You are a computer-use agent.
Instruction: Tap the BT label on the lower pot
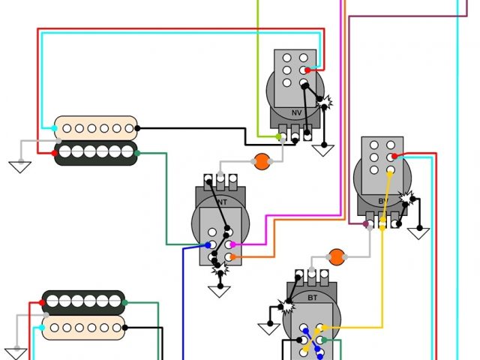pos(312,297)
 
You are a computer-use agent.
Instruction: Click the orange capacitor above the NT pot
pos(262,160)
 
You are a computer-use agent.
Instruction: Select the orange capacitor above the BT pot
pos(337,256)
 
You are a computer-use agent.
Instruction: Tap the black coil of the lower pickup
pos(83,301)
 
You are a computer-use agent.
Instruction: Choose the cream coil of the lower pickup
pos(83,327)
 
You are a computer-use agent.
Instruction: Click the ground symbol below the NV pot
pos(323,150)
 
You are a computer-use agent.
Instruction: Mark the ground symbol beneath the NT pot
pos(220,291)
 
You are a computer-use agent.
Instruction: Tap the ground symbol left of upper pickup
pos(20,166)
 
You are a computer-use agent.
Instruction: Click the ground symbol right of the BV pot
pos(418,233)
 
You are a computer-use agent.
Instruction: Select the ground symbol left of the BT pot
pos(268,328)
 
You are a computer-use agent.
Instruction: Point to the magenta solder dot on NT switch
pos(232,244)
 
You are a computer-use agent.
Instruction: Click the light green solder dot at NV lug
pos(279,136)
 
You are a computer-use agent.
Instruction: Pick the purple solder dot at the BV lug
pos(366,223)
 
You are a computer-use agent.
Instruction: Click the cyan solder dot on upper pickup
pos(55,129)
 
